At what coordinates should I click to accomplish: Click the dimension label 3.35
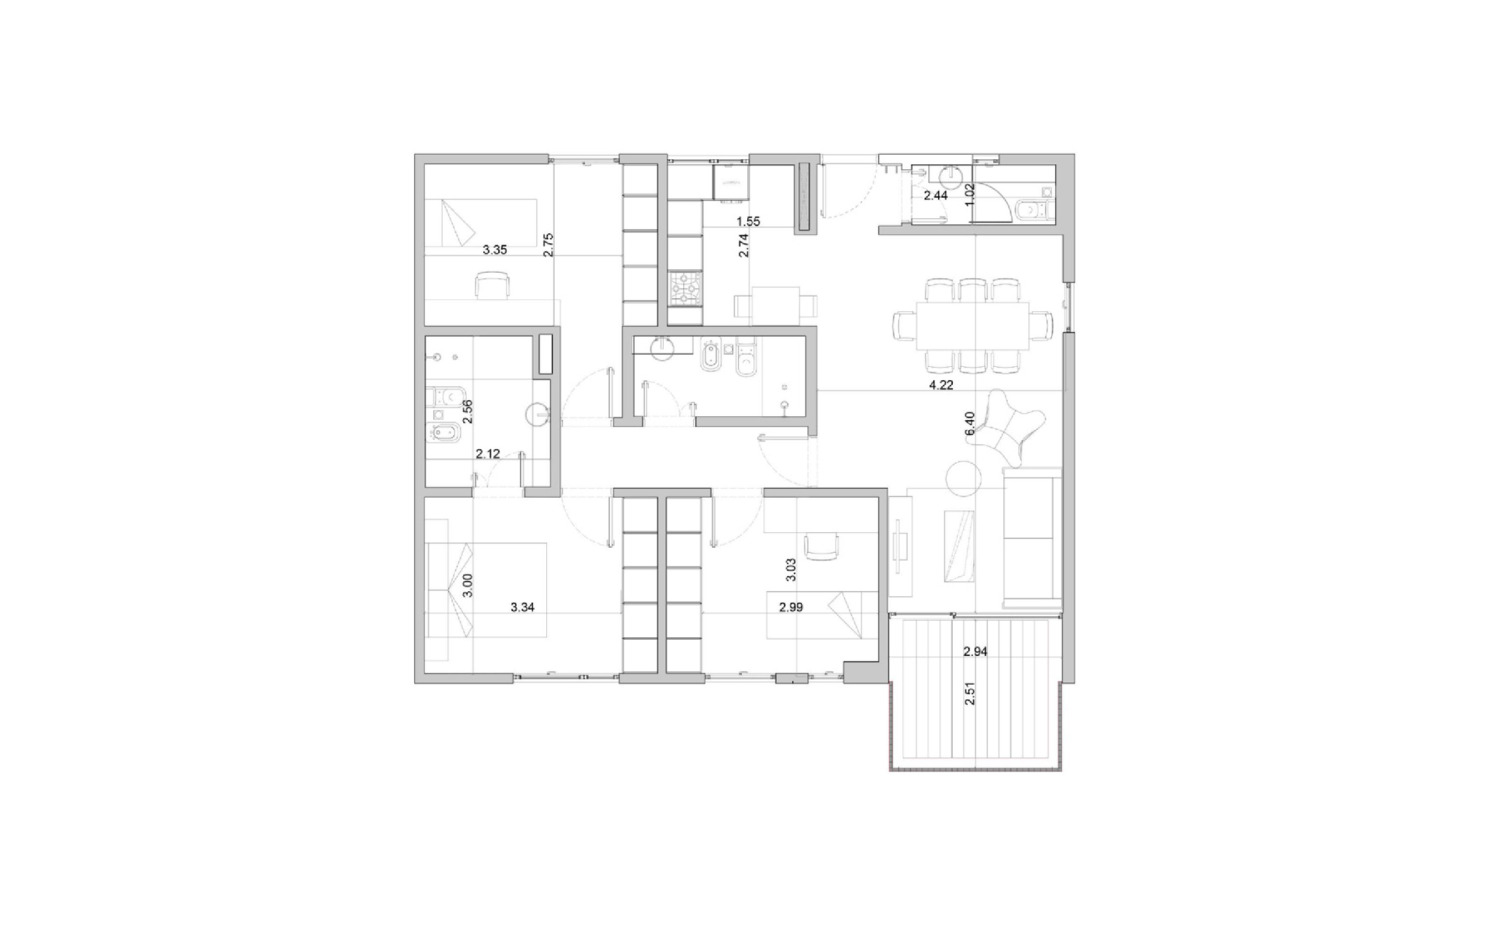(494, 250)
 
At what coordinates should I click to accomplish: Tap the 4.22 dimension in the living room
(941, 385)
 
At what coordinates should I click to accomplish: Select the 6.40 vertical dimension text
(970, 424)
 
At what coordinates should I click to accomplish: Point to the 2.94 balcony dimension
(975, 652)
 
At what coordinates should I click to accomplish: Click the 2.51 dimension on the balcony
(970, 693)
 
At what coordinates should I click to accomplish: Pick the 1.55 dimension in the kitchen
(748, 222)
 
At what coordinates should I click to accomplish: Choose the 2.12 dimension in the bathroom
(488, 454)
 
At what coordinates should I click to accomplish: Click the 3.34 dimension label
(522, 607)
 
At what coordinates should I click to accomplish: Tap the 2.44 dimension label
(935, 196)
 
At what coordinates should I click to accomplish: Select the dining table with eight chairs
(972, 325)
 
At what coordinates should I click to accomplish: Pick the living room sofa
(1031, 538)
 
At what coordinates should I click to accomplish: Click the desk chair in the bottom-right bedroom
(820, 546)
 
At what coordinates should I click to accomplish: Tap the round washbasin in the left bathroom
(538, 415)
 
